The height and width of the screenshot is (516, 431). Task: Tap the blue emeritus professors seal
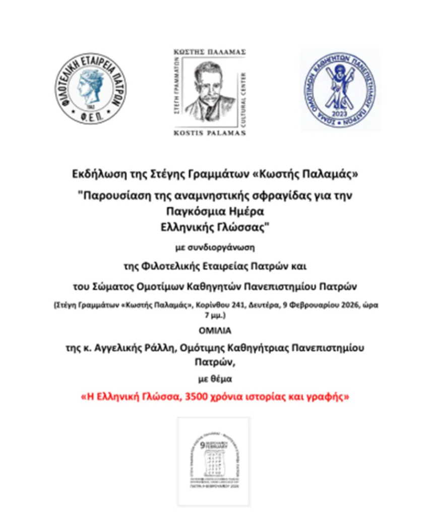click(341, 90)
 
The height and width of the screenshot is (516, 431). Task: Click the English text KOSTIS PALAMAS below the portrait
click(209, 133)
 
